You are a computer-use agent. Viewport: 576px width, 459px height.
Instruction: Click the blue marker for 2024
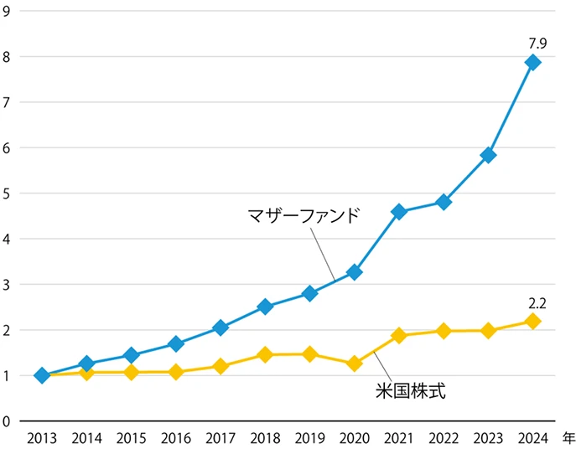[532, 63]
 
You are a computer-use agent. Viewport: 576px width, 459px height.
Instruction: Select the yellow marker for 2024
[532, 322]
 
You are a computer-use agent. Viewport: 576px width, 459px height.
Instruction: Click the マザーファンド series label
[304, 214]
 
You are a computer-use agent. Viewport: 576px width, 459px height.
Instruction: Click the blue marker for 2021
[399, 212]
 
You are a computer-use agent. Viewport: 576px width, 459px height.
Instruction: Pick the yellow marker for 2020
[354, 364]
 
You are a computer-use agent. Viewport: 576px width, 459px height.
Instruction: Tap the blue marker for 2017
[221, 327]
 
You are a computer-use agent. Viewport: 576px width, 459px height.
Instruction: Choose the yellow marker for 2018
[265, 355]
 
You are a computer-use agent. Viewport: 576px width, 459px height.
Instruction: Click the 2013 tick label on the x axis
[42, 438]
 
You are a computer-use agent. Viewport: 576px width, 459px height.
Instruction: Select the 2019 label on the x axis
[309, 438]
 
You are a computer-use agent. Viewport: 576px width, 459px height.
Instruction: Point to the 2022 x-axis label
[444, 438]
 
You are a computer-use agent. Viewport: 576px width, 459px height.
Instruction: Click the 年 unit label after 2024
[567, 437]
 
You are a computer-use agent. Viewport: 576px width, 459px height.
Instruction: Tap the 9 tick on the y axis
[6, 12]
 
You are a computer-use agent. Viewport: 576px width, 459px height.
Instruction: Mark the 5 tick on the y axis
[6, 193]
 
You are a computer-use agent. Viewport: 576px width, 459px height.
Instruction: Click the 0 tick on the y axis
[6, 421]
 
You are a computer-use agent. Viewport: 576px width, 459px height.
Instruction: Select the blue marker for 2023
[488, 155]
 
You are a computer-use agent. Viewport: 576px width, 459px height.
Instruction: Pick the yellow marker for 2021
[399, 336]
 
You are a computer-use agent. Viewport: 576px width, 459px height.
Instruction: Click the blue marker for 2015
[131, 355]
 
